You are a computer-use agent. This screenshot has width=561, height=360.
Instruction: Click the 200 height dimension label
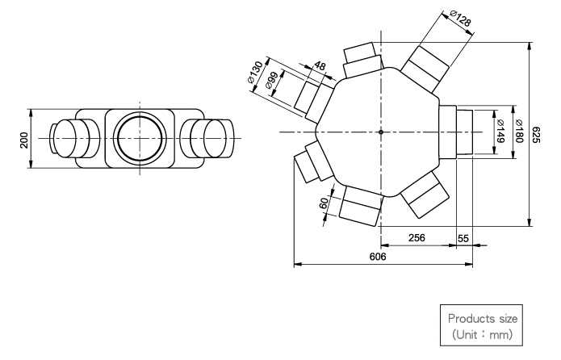[24, 140]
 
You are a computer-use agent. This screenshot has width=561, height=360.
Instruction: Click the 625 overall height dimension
[535, 135]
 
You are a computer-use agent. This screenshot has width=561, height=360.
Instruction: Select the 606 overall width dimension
[378, 257]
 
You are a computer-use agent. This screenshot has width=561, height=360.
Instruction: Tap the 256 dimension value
[417, 237]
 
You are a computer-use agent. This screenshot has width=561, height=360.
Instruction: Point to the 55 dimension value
[463, 238]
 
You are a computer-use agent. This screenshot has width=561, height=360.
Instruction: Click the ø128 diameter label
[460, 18]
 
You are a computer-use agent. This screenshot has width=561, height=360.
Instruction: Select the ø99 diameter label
[272, 81]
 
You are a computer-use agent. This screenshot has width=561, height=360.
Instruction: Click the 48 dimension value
[320, 66]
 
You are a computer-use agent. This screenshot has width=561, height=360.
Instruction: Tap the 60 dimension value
[324, 203]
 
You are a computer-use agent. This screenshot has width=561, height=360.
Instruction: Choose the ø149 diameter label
[500, 131]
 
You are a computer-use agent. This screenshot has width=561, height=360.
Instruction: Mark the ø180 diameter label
[519, 131]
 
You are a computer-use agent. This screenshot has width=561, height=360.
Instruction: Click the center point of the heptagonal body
[381, 132]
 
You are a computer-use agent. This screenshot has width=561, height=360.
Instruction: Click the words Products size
[483, 319]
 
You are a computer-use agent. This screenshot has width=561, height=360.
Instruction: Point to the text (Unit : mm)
[483, 335]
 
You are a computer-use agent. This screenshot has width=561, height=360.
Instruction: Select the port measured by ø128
[425, 69]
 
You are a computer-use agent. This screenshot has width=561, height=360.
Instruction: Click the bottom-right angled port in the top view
[425, 195]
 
